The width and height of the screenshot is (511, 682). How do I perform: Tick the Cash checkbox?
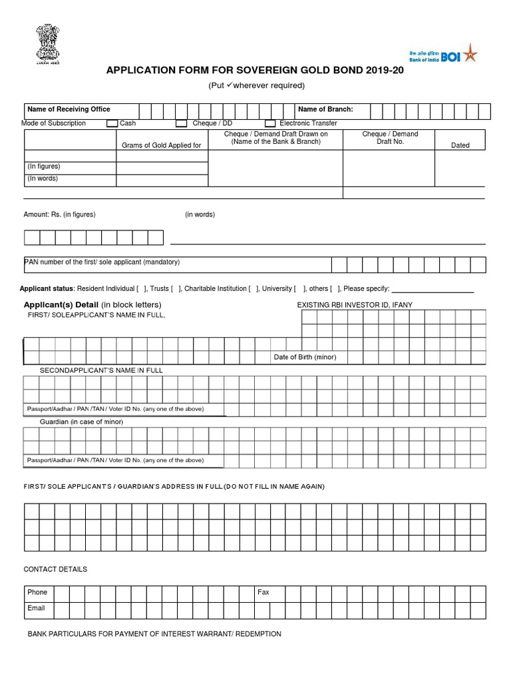pos(112,123)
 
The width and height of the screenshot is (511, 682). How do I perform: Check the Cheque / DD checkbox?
pos(181,123)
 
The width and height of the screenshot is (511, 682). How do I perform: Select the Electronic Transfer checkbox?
pos(270,123)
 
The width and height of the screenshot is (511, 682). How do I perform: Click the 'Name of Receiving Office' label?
pos(69,109)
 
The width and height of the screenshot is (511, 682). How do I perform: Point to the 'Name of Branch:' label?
pos(325,109)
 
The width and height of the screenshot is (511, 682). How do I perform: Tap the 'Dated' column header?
pos(460,145)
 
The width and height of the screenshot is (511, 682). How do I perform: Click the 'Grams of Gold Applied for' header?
pos(161,145)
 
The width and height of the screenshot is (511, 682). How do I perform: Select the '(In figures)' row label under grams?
pos(43,167)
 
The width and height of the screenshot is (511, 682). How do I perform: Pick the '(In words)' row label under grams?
pos(42,178)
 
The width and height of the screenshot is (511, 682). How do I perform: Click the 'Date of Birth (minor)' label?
pos(305,357)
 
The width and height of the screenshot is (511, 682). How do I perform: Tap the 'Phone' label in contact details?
pos(37,592)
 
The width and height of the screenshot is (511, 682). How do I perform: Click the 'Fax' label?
pos(263,592)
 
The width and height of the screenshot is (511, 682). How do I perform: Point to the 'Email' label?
pos(36,608)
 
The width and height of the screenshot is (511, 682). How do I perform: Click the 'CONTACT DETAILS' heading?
pos(55,569)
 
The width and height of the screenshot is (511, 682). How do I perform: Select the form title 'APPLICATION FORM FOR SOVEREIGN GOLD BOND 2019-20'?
pos(255,71)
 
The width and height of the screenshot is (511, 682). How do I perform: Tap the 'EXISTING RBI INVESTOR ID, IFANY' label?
pos(354,305)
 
